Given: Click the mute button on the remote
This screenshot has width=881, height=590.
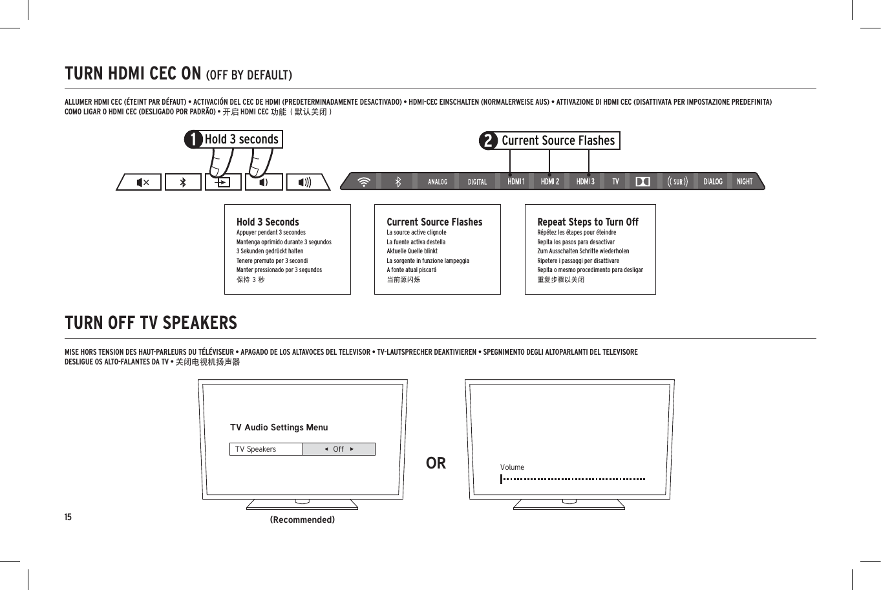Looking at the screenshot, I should [x=142, y=182].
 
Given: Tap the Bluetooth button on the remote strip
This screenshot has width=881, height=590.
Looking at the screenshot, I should [x=183, y=182].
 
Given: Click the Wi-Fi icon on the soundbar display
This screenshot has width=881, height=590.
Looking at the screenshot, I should [x=365, y=182].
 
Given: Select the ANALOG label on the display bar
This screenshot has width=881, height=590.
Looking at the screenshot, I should [x=438, y=182].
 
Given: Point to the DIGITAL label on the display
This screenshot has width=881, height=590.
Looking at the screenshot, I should [x=477, y=182].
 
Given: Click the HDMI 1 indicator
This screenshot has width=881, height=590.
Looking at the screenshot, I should [x=516, y=182].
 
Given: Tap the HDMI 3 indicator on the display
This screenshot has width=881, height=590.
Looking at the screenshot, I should [x=585, y=182].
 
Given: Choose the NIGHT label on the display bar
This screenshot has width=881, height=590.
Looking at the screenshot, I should [x=745, y=182].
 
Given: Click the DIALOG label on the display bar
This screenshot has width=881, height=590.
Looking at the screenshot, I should [x=713, y=182].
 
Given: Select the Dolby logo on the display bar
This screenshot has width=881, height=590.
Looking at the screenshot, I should [x=642, y=182].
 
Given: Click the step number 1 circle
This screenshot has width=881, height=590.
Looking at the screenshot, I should [x=193, y=140].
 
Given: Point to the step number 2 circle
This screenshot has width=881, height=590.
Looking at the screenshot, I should [x=489, y=141].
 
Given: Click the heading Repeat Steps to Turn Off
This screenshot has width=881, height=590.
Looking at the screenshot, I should [x=588, y=222].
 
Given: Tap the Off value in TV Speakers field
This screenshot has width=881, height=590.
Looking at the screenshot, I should [x=339, y=449].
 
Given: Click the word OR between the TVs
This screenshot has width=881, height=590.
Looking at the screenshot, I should [x=436, y=463].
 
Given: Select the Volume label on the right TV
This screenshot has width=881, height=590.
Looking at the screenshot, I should [x=512, y=467].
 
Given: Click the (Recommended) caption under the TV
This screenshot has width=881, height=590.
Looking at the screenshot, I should [x=303, y=520].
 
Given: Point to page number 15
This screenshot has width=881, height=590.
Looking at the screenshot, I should [x=68, y=517].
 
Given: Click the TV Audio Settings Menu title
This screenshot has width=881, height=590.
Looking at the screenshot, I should [x=279, y=427].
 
